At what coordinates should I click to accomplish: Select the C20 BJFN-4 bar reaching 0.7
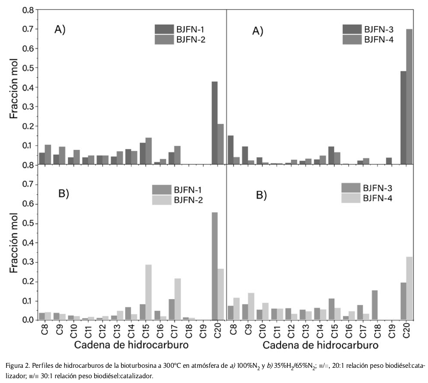point(409,97)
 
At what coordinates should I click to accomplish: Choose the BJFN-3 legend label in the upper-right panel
point(379,30)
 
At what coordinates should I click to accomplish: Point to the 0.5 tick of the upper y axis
point(28,68)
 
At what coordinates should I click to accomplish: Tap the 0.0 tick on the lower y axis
point(28,320)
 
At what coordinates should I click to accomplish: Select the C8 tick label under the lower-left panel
point(42,331)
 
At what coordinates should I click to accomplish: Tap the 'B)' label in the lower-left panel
point(64,194)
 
